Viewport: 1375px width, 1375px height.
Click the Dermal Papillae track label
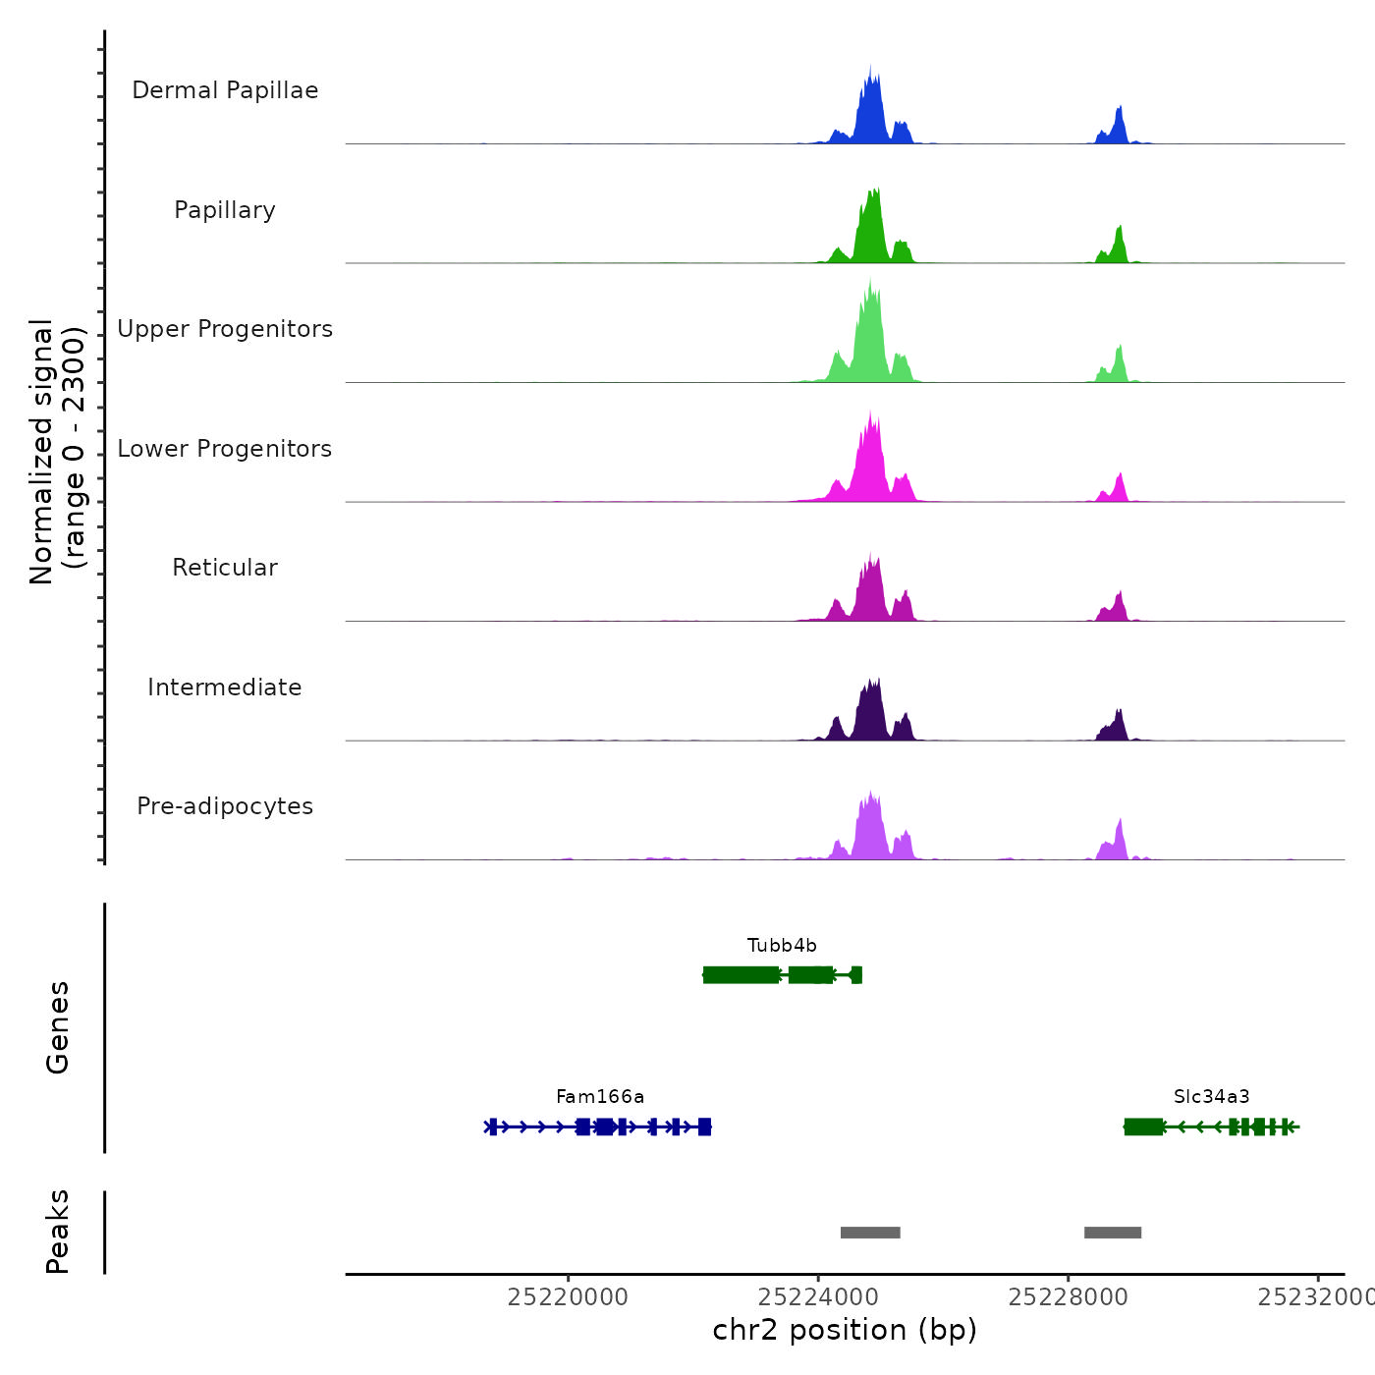(x=225, y=90)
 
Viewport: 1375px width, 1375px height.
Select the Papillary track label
(x=225, y=210)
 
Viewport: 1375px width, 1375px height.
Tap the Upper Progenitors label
(x=225, y=329)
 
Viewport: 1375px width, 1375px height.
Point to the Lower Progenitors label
(x=225, y=449)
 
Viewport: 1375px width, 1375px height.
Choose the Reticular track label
(x=225, y=568)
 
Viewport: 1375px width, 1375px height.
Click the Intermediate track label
(x=225, y=687)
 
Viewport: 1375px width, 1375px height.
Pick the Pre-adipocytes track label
(x=225, y=806)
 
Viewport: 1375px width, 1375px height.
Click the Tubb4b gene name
(x=782, y=946)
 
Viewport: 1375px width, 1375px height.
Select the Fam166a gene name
(x=600, y=1097)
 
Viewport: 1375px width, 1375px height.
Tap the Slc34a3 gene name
(x=1211, y=1097)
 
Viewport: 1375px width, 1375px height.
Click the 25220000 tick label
(x=568, y=1297)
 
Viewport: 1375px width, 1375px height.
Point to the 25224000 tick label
(x=818, y=1297)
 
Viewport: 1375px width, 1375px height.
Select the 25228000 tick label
(x=1069, y=1297)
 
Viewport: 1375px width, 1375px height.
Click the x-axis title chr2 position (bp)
(x=845, y=1330)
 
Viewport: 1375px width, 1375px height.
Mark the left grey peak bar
(x=870, y=1233)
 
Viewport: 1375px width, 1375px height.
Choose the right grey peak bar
(x=1113, y=1233)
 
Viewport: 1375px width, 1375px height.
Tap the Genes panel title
(x=58, y=1027)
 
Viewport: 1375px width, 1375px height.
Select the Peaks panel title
(x=58, y=1232)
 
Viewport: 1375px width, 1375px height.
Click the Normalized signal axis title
(x=58, y=452)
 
